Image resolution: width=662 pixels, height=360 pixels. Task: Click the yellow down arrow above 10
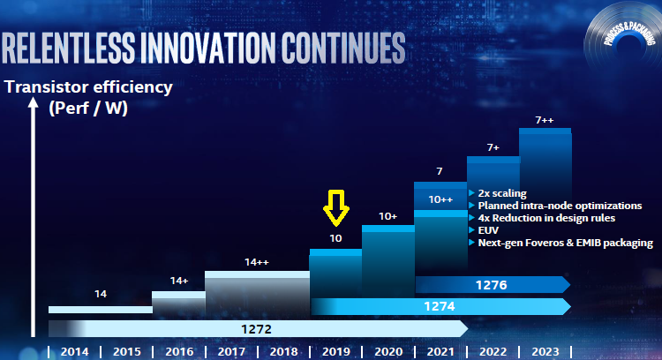[336, 208]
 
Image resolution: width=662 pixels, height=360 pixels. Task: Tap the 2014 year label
[73, 351]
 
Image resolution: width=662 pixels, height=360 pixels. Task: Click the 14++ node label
[257, 262]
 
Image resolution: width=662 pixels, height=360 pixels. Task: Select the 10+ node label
[388, 215]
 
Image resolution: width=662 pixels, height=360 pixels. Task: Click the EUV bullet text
[488, 229]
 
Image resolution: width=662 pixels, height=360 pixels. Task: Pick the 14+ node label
[179, 281]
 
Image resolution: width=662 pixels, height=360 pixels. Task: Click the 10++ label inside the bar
[440, 199]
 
